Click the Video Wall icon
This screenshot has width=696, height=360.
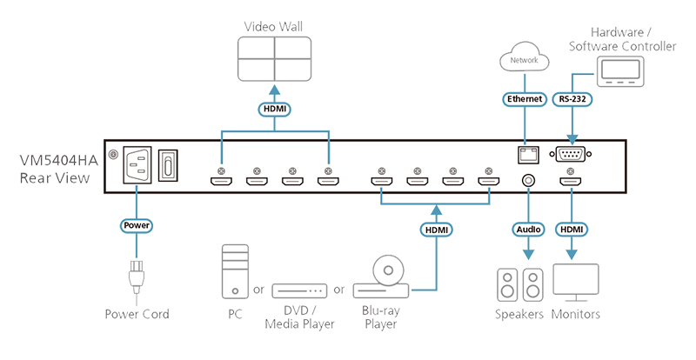274,59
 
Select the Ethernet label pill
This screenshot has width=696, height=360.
525,99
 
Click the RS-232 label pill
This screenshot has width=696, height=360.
572,99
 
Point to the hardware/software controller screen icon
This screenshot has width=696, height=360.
620,71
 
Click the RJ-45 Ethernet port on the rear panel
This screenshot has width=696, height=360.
527,154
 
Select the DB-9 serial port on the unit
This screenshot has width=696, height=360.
571,154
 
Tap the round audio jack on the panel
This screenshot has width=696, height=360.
528,181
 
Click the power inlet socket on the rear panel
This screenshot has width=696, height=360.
137,164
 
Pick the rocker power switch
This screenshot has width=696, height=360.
168,164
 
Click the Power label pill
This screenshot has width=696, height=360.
137,225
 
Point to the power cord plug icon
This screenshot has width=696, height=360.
137,277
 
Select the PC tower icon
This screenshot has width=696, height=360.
235,271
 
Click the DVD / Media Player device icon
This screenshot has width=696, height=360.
299,290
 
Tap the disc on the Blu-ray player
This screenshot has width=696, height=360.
388,270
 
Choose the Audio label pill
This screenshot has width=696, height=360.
528,230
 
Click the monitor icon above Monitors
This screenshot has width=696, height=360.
576,283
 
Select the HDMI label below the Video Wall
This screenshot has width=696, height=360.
274,110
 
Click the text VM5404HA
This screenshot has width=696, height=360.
58,160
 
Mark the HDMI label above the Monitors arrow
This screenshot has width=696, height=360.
572,230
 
